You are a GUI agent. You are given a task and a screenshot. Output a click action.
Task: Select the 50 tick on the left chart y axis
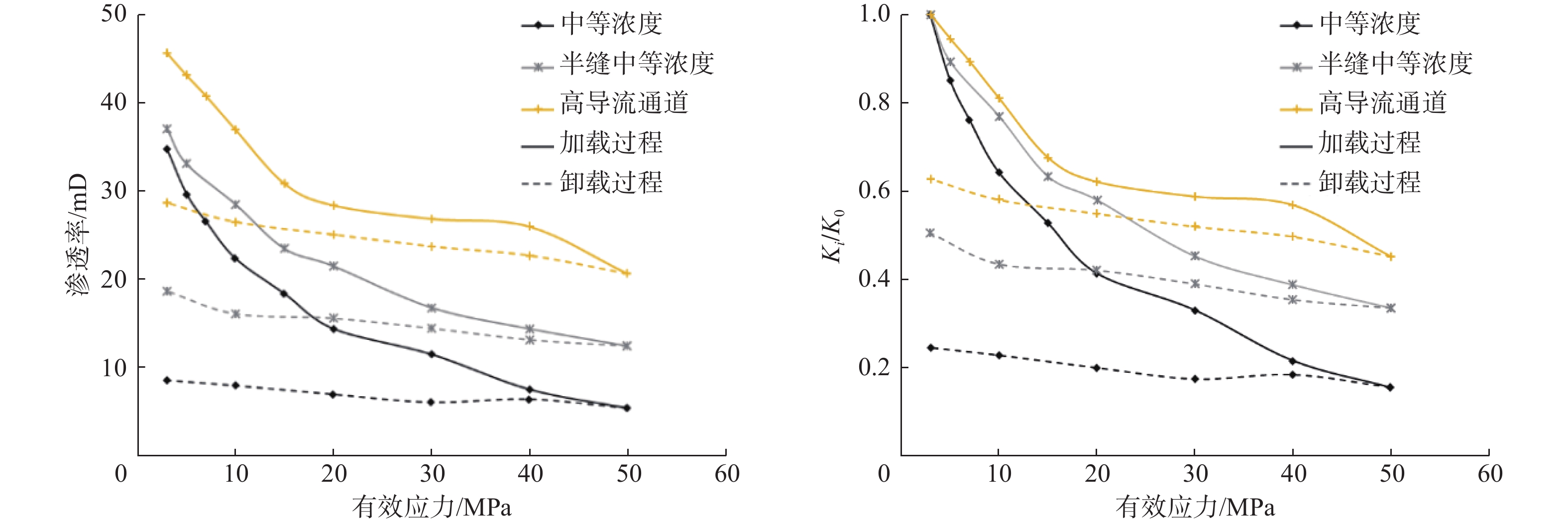[x=114, y=14]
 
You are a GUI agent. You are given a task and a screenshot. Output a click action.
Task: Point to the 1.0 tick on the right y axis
[x=874, y=14]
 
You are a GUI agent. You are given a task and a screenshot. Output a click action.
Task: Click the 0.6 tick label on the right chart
[x=874, y=191]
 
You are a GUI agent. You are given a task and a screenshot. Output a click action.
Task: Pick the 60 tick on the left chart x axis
[x=727, y=473]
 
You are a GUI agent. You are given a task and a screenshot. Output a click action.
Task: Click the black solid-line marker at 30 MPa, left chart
[x=432, y=354]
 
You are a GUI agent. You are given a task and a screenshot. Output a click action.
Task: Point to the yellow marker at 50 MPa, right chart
[x=1390, y=257]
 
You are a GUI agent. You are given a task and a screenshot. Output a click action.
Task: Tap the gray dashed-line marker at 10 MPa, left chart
[x=235, y=314]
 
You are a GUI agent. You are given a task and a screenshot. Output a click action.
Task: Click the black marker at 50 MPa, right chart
[x=1390, y=387]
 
